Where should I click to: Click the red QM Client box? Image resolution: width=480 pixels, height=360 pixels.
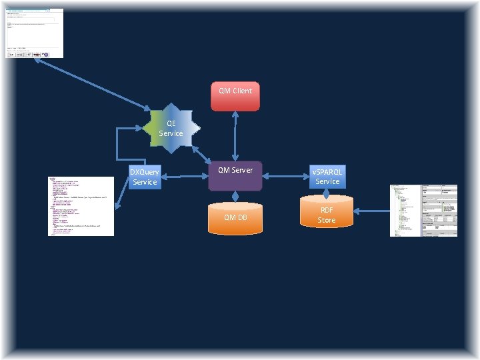(x=235, y=96)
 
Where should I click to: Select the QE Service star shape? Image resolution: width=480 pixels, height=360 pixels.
(x=171, y=129)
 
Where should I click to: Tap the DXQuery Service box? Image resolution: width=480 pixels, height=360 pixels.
(x=145, y=177)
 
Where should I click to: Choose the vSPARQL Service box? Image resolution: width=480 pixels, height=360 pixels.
(x=327, y=176)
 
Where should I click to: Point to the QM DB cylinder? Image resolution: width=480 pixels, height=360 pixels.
(x=235, y=218)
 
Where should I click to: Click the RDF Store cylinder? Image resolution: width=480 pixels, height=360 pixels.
(x=326, y=215)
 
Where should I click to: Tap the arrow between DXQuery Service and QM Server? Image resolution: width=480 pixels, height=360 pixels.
(x=186, y=177)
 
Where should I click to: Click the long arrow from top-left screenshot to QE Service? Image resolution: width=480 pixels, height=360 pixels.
(x=93, y=83)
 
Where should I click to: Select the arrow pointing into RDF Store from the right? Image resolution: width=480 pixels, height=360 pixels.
(x=370, y=211)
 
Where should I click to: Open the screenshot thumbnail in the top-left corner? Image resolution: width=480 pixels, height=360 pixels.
(x=35, y=33)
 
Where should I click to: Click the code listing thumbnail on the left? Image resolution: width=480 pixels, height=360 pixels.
(x=81, y=206)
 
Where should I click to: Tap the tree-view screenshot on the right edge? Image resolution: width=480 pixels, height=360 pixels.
(x=423, y=210)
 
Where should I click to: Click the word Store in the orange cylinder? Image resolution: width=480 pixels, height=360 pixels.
(x=326, y=220)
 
